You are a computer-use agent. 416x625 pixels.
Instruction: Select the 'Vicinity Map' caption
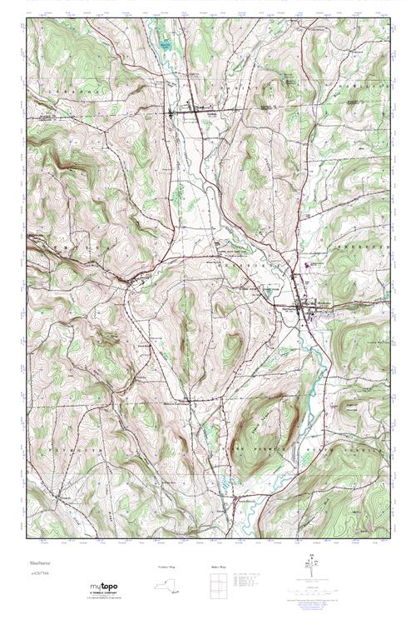click(167, 566)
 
